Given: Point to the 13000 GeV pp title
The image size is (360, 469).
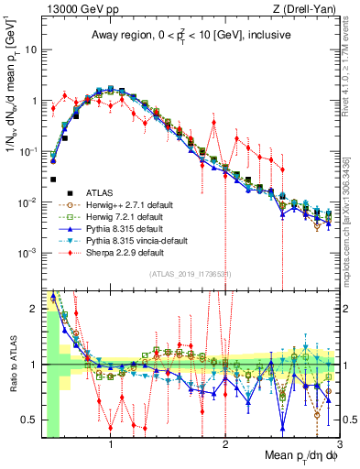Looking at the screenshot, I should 71,8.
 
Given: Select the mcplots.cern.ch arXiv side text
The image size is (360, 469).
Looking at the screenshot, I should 351,211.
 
